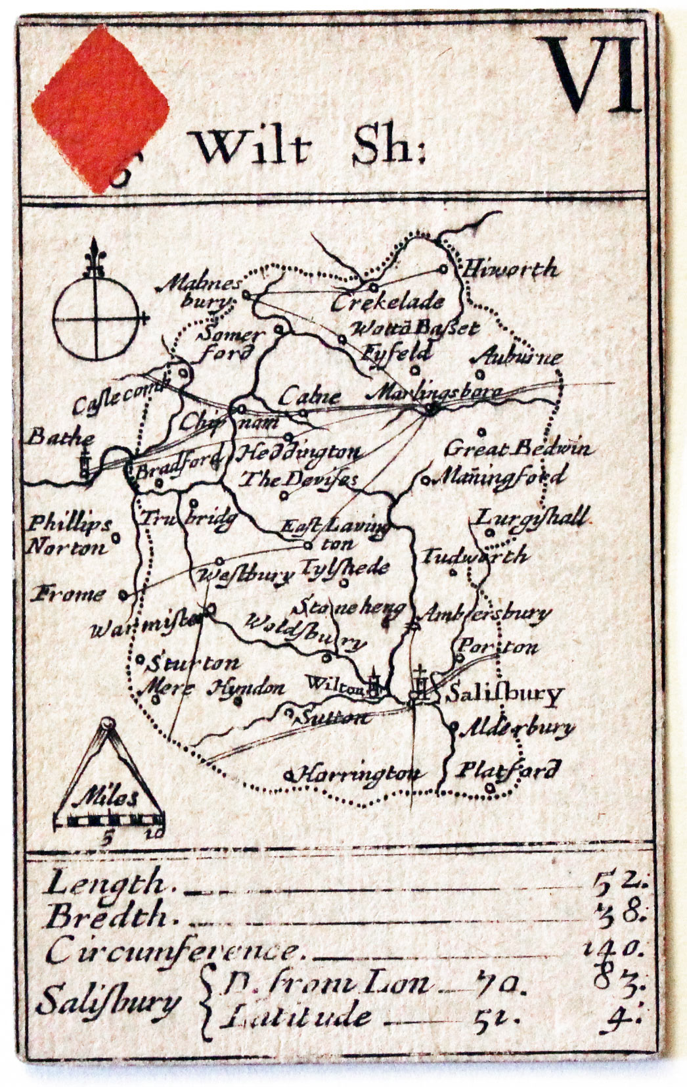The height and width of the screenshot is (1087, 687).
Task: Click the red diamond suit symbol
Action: coord(100,109)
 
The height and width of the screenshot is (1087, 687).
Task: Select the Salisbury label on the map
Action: coord(504,694)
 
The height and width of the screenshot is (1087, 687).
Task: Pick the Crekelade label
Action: coord(388,302)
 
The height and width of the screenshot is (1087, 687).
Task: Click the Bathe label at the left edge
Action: coord(61,436)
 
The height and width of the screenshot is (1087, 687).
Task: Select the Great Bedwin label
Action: coord(518,450)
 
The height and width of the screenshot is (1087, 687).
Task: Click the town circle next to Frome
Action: coord(123,595)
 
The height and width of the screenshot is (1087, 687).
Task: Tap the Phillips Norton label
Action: coord(69,536)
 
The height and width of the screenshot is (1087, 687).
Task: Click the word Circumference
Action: coord(171,950)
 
